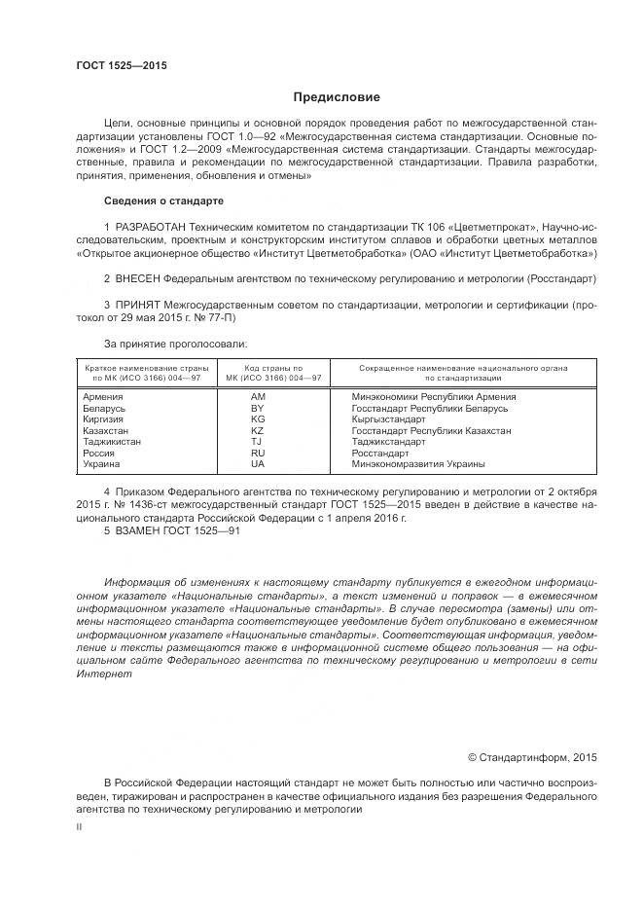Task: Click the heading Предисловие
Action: tap(337, 97)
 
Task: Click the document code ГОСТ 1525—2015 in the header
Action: tap(122, 65)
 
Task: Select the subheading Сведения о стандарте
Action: tap(163, 200)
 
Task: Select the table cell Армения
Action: tap(103, 397)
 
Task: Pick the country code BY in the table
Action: tap(257, 408)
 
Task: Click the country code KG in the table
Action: tap(257, 419)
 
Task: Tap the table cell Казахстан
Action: tap(107, 430)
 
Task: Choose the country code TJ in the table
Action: tap(257, 441)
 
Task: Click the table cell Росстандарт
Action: tap(380, 453)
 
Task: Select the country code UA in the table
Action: tap(257, 464)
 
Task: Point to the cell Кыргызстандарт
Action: tap(388, 419)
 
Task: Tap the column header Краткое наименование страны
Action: tap(147, 368)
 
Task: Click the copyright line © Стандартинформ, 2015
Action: tap(532, 757)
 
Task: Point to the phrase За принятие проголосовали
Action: tap(175, 343)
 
